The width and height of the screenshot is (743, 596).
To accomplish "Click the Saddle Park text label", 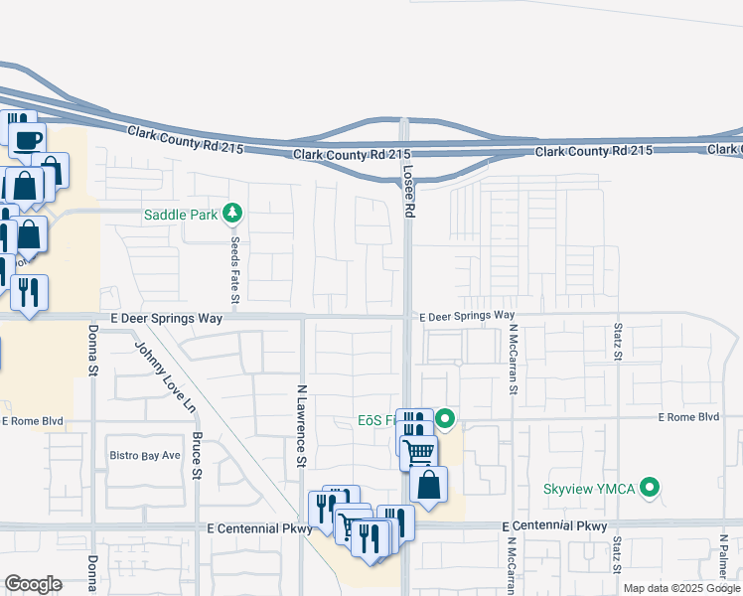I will point(182,215).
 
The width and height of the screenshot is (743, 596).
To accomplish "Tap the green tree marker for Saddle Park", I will point(232,213).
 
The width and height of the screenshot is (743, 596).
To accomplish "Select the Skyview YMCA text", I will point(591,489).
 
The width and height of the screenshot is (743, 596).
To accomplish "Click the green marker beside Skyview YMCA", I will point(650,488).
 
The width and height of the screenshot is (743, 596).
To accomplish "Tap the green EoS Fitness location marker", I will point(446,419).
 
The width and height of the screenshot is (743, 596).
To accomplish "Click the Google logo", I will point(33,584).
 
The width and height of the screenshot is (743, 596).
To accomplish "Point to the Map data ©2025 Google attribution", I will point(680,588).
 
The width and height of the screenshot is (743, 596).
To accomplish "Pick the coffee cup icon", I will point(29,139).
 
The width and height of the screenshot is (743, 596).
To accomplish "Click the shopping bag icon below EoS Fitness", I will point(429,485).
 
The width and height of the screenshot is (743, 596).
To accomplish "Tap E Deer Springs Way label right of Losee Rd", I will point(467,316).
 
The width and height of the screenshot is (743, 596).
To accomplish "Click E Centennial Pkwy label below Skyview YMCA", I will point(554,525).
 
